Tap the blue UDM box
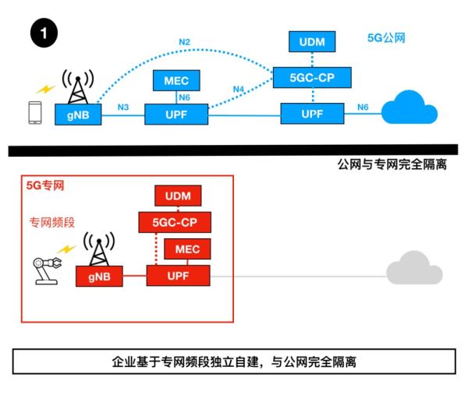(311, 41)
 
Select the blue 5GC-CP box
(311, 77)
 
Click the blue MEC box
(176, 80)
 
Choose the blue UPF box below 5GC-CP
(312, 115)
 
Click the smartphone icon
(34, 113)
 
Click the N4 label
(239, 90)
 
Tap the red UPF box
(178, 276)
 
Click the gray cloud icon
(413, 269)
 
